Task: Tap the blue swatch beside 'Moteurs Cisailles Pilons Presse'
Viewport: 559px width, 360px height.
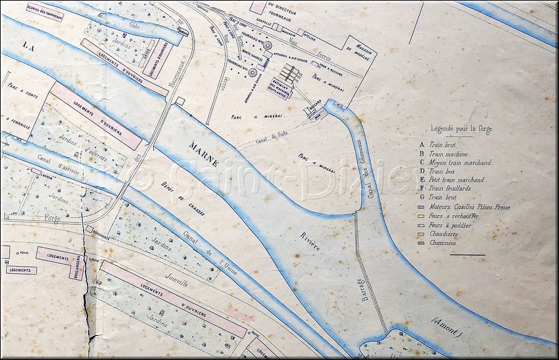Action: point(421,207)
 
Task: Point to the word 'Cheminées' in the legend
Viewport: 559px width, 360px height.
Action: point(443,243)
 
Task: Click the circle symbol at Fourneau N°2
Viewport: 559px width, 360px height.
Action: point(268,45)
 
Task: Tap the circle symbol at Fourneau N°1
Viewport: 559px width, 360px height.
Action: point(253,72)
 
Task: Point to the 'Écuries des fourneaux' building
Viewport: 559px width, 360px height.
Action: point(45,12)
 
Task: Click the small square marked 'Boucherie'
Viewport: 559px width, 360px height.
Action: point(89,228)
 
